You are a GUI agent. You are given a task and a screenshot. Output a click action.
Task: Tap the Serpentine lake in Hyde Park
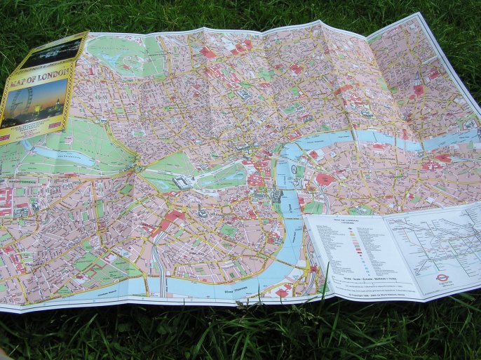point(63,156)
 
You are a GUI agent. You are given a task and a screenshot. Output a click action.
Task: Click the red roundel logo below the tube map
point(442,276)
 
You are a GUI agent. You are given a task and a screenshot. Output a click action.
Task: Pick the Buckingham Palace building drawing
point(184,181)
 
